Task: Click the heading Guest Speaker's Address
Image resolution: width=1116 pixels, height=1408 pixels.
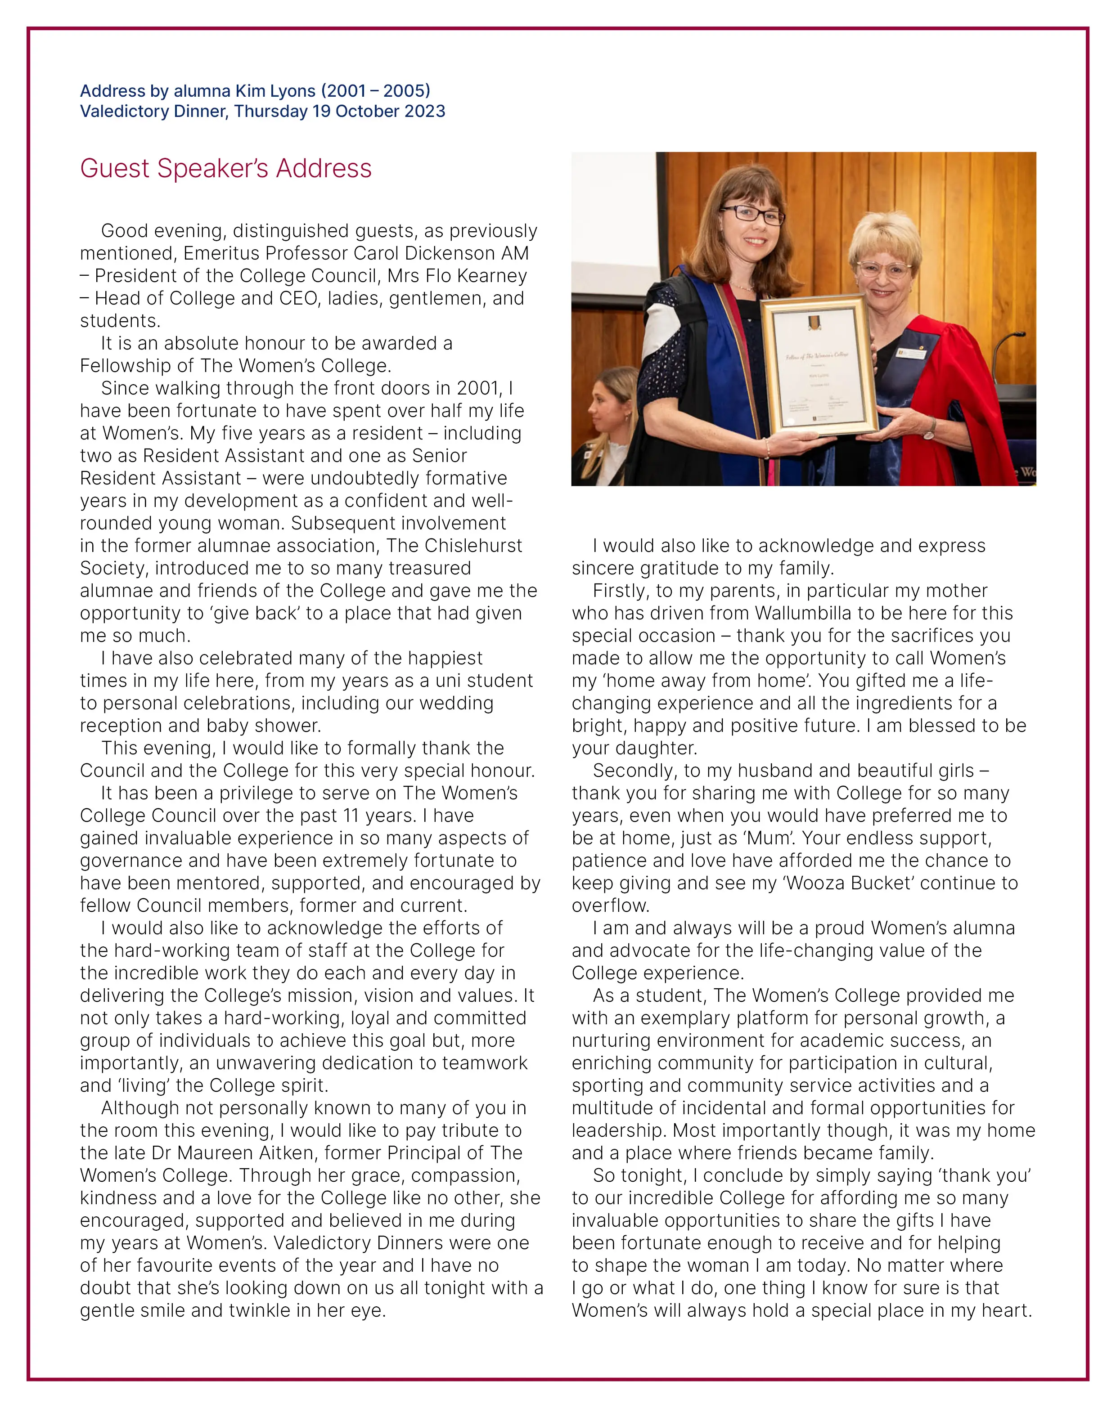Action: [225, 169]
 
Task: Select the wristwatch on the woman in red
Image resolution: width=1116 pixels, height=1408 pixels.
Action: [928, 429]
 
